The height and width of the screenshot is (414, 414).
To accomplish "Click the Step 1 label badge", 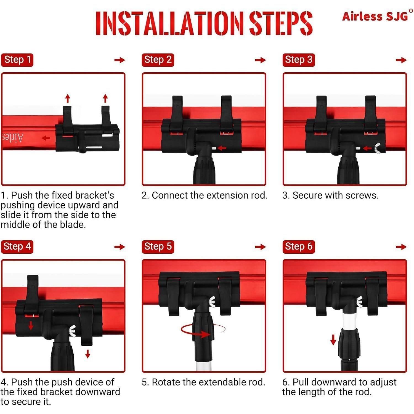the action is pyautogui.click(x=17, y=60).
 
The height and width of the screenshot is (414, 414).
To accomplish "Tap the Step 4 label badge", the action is pyautogui.click(x=17, y=247).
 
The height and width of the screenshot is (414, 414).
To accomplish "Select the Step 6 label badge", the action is pyautogui.click(x=299, y=247).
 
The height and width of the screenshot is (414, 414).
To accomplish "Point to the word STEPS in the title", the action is pyautogui.click(x=281, y=23).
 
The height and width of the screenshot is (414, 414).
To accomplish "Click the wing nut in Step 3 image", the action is pyautogui.click(x=377, y=148).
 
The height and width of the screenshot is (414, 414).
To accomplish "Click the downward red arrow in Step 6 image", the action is pyautogui.click(x=333, y=339).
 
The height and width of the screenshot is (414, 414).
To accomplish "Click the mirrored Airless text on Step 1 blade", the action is pyautogui.click(x=13, y=137).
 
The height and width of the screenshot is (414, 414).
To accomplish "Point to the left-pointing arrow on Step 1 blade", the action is pyautogui.click(x=46, y=138).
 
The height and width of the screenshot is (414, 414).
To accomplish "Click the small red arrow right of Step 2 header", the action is pyautogui.click(x=260, y=60).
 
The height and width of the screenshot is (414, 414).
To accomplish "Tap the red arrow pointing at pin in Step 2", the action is pyautogui.click(x=222, y=148).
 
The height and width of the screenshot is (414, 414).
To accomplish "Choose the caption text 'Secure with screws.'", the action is pyautogui.click(x=335, y=195).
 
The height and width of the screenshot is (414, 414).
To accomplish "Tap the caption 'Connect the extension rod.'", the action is pyautogui.click(x=209, y=195).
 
